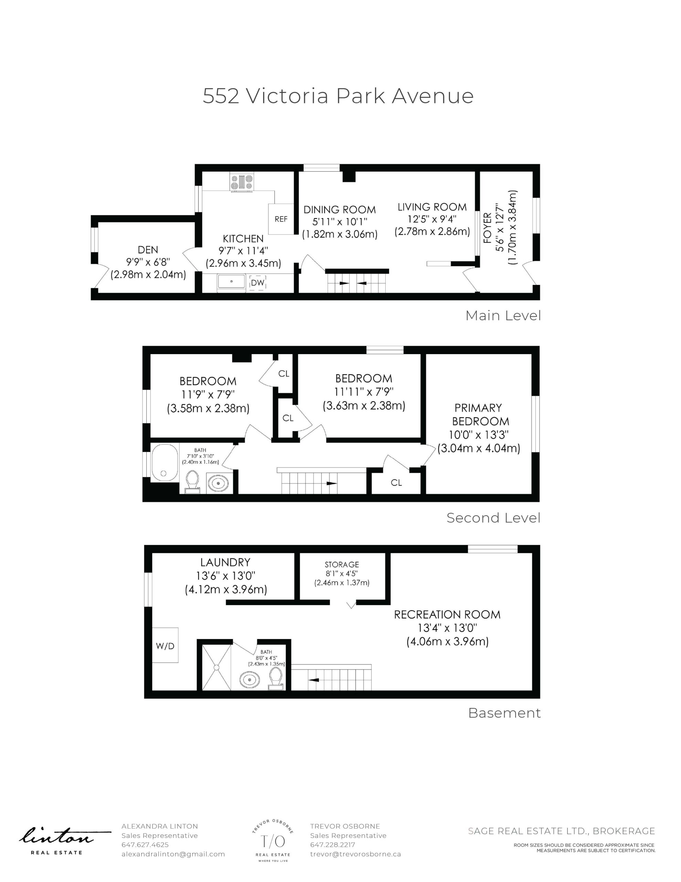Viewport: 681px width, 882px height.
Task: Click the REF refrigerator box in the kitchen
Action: point(281,219)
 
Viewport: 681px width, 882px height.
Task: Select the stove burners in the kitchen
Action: point(242,182)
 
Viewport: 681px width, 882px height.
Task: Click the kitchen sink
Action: point(231,281)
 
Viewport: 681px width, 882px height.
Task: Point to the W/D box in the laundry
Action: point(165,645)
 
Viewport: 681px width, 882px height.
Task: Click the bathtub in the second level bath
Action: point(165,463)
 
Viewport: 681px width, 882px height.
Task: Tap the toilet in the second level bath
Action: point(192,482)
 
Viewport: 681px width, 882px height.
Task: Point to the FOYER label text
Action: point(488,228)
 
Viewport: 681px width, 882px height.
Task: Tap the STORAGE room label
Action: point(342,565)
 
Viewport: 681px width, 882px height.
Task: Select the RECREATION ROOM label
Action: point(447,615)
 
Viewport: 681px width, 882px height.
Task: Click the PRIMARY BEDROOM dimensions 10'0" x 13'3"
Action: point(479,435)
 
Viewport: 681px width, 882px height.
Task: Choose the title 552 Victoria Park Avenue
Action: point(338,96)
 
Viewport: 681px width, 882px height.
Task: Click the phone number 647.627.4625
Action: point(145,845)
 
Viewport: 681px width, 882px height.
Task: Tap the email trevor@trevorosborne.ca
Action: point(355,854)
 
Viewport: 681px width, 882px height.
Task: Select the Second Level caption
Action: point(493,518)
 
